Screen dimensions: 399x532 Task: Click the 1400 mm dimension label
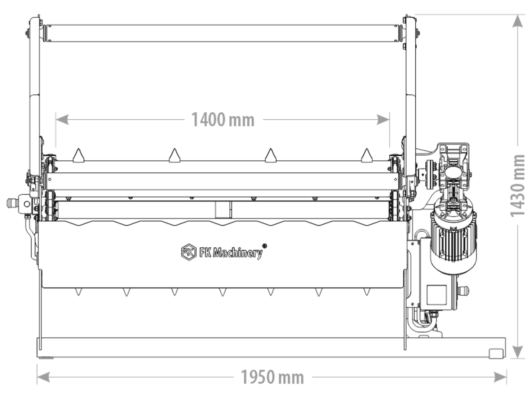223,120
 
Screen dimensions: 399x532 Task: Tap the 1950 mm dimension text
272,377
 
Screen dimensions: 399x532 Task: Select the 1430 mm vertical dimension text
517,186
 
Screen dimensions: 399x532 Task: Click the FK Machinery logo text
231,253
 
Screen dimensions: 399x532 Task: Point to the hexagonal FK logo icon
189,252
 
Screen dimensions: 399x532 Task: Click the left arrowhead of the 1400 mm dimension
62,120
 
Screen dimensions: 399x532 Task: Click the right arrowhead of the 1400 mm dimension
383,120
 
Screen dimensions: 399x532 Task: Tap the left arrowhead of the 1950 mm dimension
43,377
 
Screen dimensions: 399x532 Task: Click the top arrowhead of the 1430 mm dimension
517,21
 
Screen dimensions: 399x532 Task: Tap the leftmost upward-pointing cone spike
78,156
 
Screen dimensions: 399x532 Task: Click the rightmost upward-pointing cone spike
367,156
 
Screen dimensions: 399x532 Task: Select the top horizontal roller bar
223,33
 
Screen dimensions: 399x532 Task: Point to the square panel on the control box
436,295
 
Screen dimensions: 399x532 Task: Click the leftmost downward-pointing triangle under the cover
78,292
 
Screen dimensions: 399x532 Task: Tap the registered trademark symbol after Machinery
265,246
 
